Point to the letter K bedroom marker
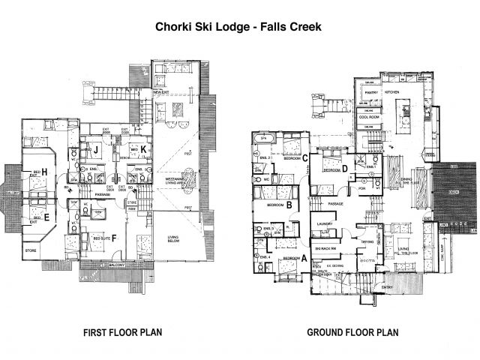(x=143, y=150)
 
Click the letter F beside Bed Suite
(x=113, y=241)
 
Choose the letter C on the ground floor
(x=305, y=157)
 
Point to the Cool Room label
(x=371, y=117)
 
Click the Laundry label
(x=325, y=223)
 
